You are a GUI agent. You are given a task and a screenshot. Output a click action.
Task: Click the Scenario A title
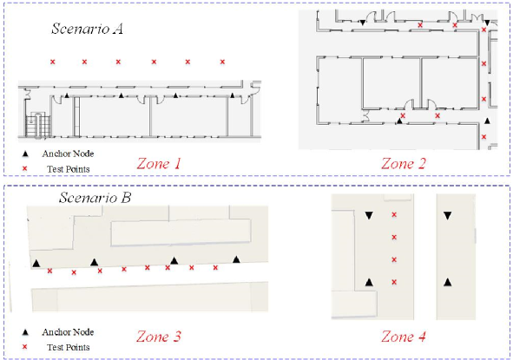[x=87, y=29]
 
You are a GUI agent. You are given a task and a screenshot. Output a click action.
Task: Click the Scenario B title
[x=95, y=198]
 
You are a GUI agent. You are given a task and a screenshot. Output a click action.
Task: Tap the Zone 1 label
[x=159, y=163]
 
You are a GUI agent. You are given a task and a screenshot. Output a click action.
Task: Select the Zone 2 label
[x=404, y=163]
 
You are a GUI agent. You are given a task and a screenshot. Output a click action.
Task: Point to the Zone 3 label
[x=159, y=337]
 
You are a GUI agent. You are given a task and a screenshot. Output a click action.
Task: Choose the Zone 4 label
[x=404, y=337]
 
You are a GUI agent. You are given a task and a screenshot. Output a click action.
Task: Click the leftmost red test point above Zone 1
[x=52, y=62]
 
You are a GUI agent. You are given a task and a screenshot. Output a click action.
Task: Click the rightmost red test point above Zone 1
[x=222, y=62]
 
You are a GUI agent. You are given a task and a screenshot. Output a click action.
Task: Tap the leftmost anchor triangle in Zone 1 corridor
[x=67, y=95]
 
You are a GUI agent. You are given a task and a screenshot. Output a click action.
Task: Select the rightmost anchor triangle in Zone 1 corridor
[x=233, y=95]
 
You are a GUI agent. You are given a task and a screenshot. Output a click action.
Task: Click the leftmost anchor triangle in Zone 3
[x=36, y=263]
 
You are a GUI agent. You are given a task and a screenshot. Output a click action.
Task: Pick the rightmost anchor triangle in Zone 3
[x=236, y=259]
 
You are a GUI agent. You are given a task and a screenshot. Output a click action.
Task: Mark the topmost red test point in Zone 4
[x=394, y=214]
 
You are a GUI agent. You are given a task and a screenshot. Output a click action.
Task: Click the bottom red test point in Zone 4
[x=394, y=282]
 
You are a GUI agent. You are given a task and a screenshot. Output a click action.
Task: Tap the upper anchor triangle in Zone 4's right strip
[x=448, y=215]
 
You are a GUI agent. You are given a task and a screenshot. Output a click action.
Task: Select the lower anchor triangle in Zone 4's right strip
[x=448, y=282]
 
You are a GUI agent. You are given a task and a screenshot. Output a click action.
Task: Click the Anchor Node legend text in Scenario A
[x=68, y=154]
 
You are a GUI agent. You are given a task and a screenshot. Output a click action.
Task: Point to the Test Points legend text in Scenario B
[x=68, y=347]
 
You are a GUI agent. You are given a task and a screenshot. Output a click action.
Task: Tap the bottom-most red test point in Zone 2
[x=483, y=137]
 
